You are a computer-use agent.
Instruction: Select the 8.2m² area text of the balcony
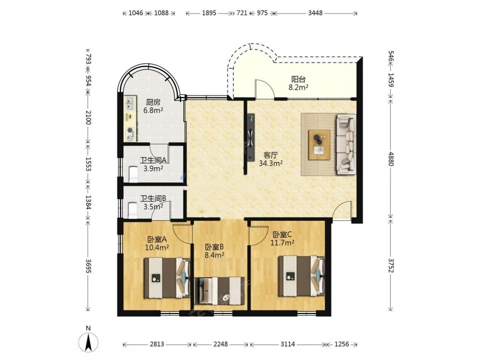click(x=298, y=87)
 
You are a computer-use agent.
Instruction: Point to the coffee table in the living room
click(x=319, y=144)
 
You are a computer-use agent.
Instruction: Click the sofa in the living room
click(x=346, y=144)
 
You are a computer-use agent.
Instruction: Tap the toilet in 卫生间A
click(x=133, y=174)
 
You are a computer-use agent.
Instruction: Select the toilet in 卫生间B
click(x=133, y=210)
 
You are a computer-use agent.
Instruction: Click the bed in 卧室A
click(x=167, y=278)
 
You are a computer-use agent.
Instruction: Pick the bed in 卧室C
click(x=301, y=276)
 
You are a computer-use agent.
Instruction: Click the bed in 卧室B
click(x=219, y=291)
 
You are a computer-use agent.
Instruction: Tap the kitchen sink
click(x=130, y=103)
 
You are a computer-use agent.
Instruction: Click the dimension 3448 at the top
click(x=315, y=13)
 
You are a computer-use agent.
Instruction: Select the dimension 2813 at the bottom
click(x=157, y=344)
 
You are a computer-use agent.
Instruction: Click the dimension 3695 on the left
click(x=88, y=266)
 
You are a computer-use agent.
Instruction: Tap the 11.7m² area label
click(x=282, y=243)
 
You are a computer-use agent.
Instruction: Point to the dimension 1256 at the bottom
click(x=342, y=344)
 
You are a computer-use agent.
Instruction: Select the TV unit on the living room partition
click(x=251, y=137)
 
